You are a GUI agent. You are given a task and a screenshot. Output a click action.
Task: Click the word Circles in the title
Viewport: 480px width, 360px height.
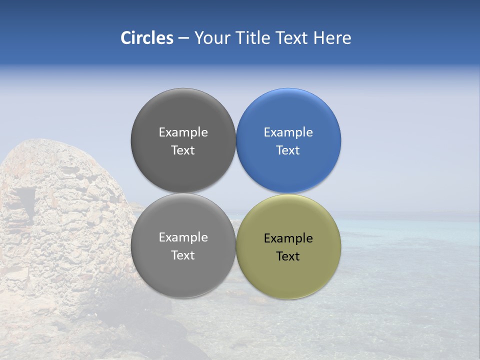coord(146,38)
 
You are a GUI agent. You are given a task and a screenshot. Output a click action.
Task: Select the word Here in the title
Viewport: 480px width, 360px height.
coord(332,38)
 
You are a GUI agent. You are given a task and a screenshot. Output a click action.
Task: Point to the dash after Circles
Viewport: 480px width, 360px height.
coord(183,38)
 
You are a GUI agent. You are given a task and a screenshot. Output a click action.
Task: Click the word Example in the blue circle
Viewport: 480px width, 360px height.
coord(288,132)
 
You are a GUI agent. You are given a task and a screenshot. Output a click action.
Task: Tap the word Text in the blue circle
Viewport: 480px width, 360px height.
coord(288,150)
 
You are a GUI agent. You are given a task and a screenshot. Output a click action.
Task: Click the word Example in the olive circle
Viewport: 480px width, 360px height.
coord(288,238)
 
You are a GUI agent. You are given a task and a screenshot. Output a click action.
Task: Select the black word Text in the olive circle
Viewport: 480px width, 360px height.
coord(288,256)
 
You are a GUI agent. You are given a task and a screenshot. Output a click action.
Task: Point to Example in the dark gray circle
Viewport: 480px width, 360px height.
coord(183,132)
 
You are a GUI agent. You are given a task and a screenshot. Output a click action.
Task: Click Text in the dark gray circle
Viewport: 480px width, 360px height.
coord(183,150)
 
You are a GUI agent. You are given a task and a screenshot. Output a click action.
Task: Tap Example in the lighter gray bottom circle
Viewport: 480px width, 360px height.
coord(183,237)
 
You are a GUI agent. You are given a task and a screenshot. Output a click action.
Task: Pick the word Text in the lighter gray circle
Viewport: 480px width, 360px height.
coord(183,255)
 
